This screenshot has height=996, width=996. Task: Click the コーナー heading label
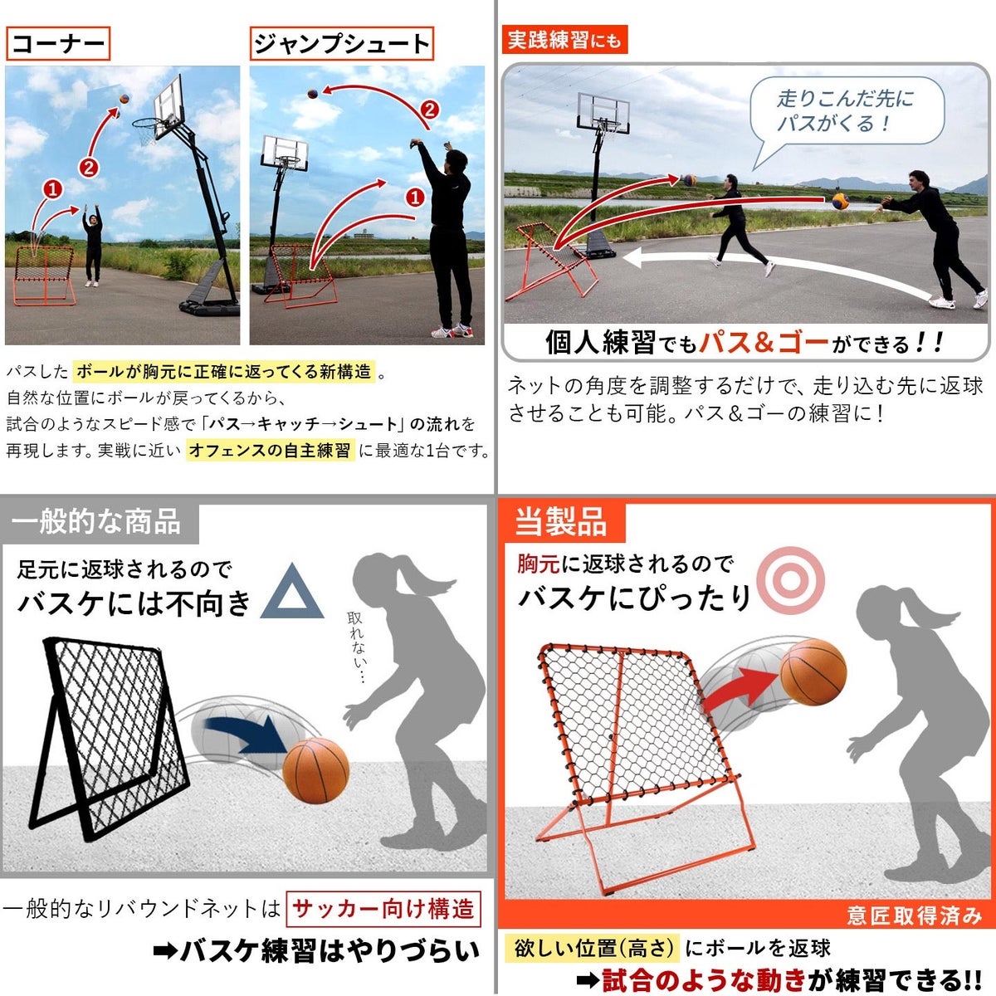58,43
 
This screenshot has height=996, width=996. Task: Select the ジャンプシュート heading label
342,43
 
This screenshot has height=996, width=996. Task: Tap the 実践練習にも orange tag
564,39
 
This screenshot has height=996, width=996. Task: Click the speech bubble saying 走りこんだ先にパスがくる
846,111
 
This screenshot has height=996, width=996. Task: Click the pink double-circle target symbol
790,580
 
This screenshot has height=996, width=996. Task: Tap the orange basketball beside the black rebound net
315,770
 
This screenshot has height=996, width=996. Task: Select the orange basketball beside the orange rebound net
813,672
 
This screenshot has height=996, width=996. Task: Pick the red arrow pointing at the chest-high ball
740,687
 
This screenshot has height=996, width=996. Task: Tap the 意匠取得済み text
914,915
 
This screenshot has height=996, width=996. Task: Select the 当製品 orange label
561,521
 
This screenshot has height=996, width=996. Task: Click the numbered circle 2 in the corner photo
88,168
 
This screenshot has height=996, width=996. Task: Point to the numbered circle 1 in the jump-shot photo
414,197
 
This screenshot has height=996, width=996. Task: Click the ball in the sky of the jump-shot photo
312,94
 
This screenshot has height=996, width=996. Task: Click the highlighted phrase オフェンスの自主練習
270,450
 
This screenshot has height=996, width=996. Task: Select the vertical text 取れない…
355,647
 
